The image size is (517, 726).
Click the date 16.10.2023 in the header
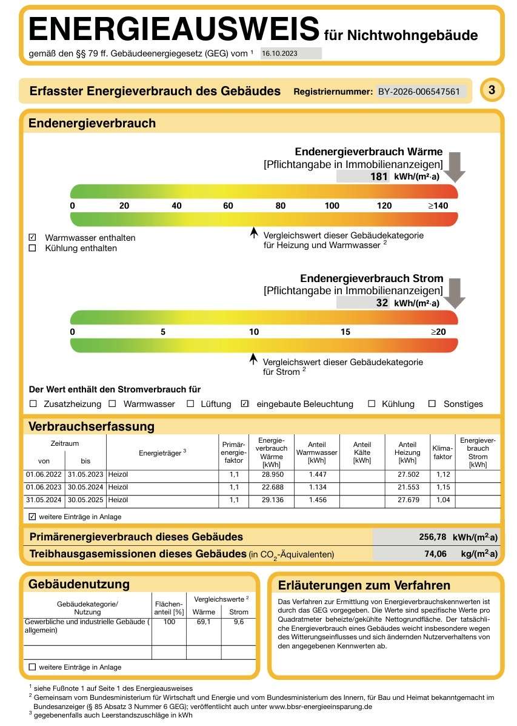[x=279, y=53]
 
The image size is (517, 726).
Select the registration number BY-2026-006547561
[x=419, y=92]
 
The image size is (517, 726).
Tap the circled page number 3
[x=492, y=89]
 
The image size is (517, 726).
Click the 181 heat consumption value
[x=379, y=176]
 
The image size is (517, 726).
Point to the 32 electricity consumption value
[x=382, y=303]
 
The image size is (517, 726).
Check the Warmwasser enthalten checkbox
[x=32, y=238]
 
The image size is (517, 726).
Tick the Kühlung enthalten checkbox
[x=32, y=248]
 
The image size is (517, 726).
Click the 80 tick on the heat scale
[x=281, y=206]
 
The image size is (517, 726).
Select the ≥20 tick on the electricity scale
[x=438, y=332]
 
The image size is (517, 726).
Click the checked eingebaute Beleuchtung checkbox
[x=245, y=404]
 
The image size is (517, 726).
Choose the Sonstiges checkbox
[x=432, y=404]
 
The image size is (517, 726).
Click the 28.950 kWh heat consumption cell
[x=273, y=474]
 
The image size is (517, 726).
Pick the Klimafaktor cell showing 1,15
[x=443, y=487]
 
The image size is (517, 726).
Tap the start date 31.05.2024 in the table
[x=44, y=500]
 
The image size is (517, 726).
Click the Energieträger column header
[x=162, y=452]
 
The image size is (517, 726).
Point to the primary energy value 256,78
[x=433, y=537]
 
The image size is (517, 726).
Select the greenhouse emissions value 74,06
[x=436, y=554]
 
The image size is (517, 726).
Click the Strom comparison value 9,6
[x=239, y=622]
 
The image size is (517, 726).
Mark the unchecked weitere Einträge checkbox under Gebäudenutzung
[x=32, y=667]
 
